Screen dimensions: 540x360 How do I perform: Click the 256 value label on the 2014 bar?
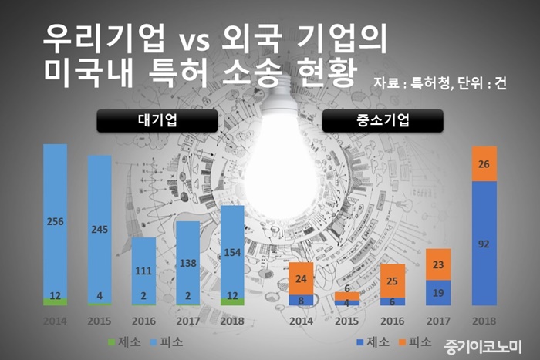(x=55, y=222)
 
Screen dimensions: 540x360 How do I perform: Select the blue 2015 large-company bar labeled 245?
(x=100, y=229)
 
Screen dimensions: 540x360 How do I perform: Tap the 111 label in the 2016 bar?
(x=143, y=271)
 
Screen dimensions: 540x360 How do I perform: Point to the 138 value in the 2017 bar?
(x=188, y=264)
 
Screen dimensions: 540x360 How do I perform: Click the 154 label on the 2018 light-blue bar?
(x=232, y=253)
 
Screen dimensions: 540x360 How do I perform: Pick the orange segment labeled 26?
(x=484, y=164)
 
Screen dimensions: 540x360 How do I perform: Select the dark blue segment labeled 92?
(x=484, y=244)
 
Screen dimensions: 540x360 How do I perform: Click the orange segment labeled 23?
(x=438, y=264)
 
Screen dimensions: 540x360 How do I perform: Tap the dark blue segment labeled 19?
(x=438, y=293)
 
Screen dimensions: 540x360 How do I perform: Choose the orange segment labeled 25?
(x=392, y=281)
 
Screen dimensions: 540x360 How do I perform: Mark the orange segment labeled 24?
(x=301, y=278)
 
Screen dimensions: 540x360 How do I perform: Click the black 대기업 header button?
(x=157, y=120)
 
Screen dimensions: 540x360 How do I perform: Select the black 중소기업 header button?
(x=383, y=120)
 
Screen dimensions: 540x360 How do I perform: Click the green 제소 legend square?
(x=111, y=342)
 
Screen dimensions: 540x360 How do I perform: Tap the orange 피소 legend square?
(x=402, y=342)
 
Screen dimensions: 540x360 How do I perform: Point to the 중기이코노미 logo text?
(x=483, y=347)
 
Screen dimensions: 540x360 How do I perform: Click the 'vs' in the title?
(x=194, y=41)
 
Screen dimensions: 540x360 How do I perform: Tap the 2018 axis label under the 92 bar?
(x=484, y=321)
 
